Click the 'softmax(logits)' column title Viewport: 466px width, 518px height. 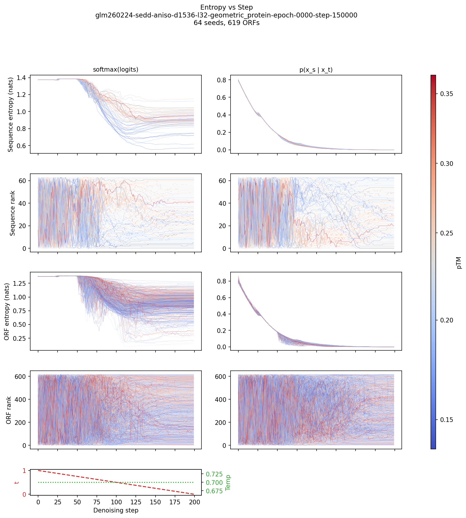click(x=115, y=70)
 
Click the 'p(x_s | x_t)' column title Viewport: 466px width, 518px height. click(x=316, y=70)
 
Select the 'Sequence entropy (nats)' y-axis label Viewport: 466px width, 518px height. click(x=11, y=114)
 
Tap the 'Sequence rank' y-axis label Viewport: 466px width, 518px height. click(x=12, y=213)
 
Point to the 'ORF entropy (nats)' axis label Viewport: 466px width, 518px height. click(x=7, y=311)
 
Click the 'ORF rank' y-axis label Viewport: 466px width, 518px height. click(x=9, y=410)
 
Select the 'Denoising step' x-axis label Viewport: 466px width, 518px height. click(x=116, y=510)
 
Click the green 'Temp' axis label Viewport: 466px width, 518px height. click(x=228, y=482)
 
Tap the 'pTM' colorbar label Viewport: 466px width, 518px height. click(x=459, y=262)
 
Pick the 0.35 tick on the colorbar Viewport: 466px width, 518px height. click(x=446, y=94)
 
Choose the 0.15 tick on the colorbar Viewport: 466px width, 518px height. click(x=446, y=420)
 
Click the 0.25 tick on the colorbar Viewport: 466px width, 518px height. click(x=446, y=233)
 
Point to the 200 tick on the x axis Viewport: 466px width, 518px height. click(x=194, y=502)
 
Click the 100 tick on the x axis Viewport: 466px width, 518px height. click(x=116, y=502)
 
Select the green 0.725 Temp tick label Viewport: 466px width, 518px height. click(x=214, y=474)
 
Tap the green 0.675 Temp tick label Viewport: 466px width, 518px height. click(x=214, y=491)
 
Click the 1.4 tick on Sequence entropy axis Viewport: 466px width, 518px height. click(x=21, y=78)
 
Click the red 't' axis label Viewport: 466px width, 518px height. click(x=17, y=482)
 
